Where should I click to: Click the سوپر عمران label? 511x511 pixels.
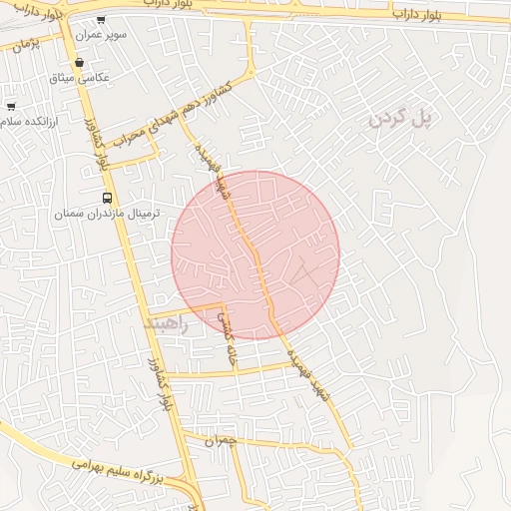point(105,34)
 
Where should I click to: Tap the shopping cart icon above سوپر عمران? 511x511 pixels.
point(101,19)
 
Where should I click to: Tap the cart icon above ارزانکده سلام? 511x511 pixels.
point(11,106)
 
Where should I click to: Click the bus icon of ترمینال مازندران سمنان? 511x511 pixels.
point(107,198)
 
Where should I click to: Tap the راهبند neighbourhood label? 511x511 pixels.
point(166,323)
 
